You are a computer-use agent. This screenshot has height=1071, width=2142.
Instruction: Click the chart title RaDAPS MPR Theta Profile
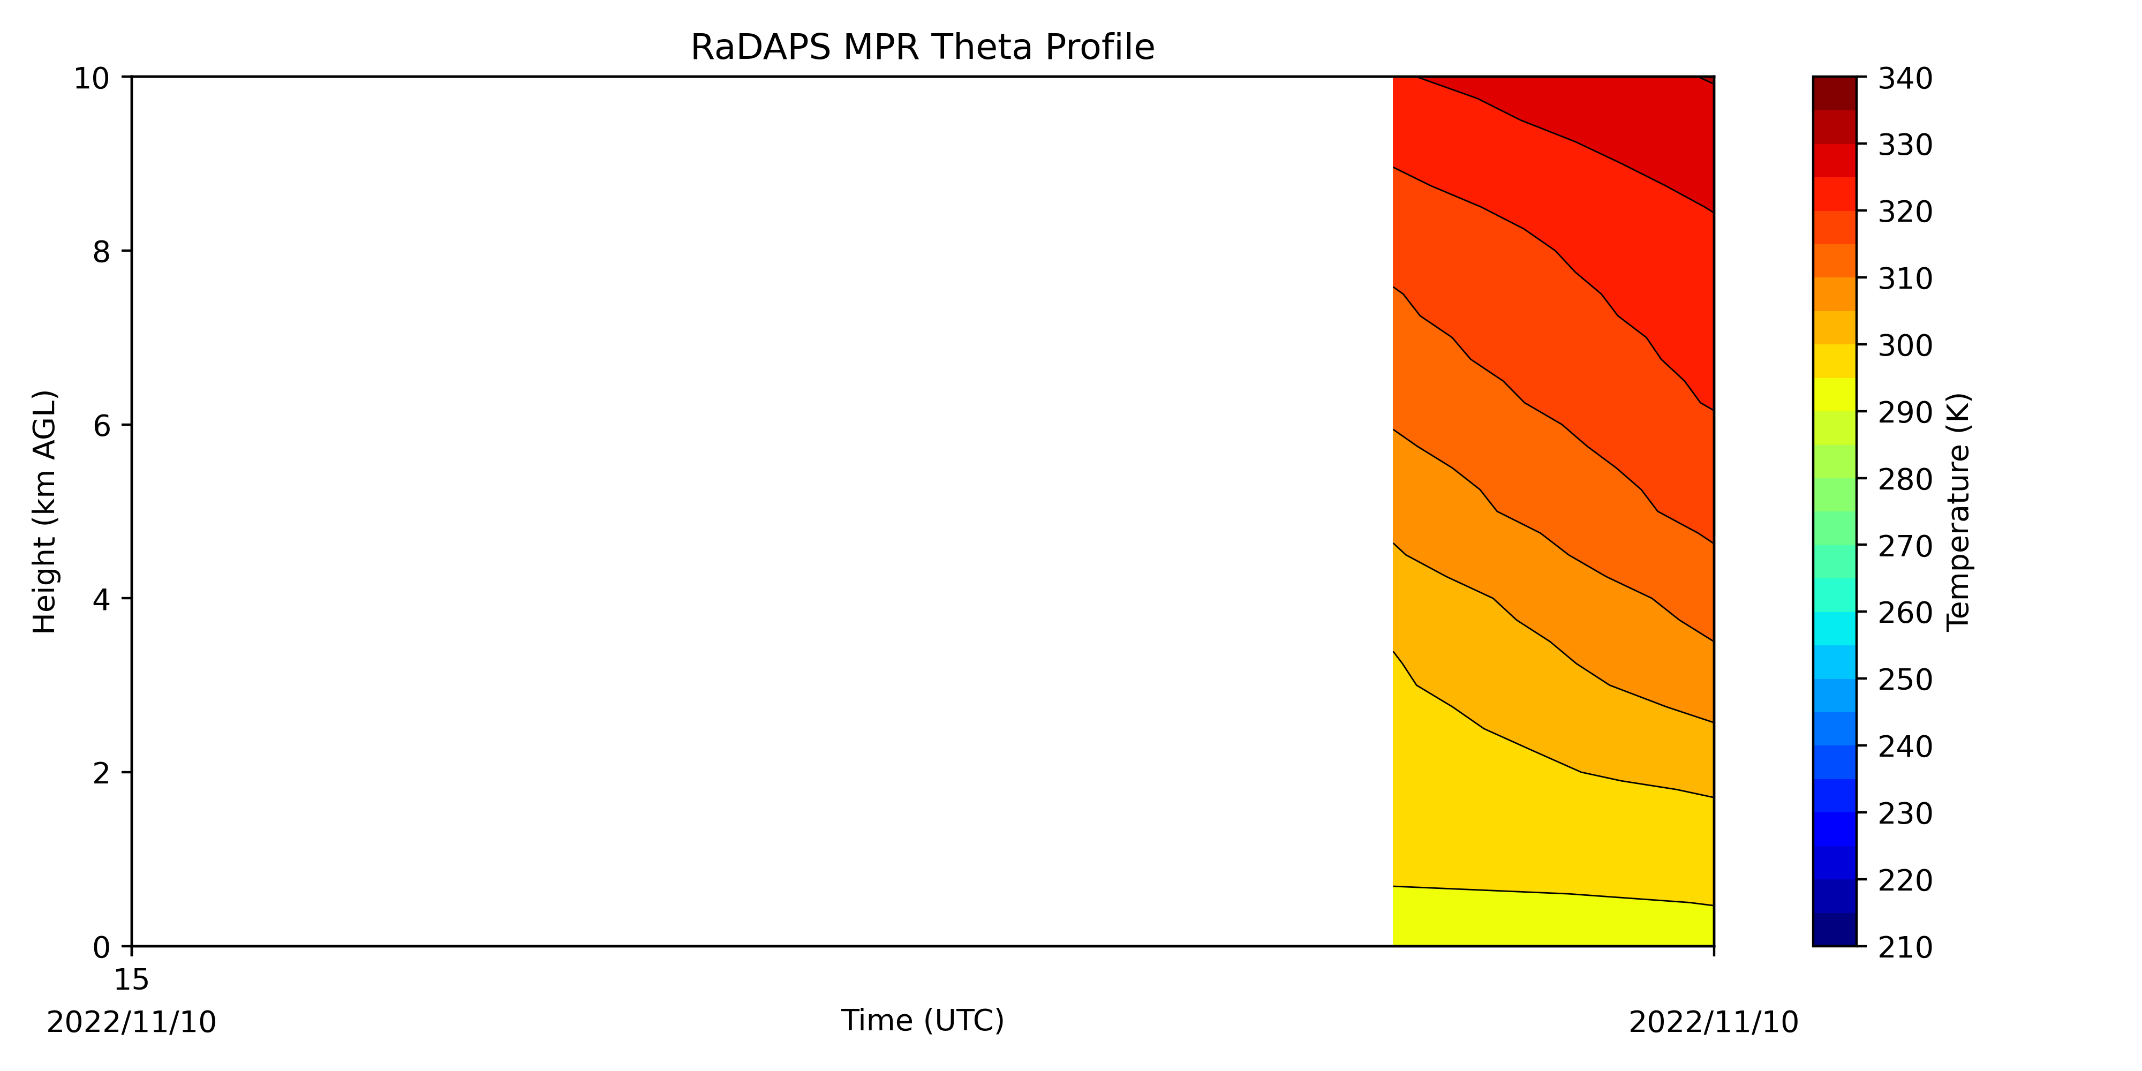[x=922, y=48]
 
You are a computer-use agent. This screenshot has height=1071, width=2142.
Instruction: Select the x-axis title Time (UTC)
[x=922, y=1020]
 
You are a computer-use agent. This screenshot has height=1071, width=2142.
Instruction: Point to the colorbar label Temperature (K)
[x=1958, y=511]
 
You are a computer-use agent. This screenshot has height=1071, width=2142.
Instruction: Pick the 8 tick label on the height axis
[x=101, y=251]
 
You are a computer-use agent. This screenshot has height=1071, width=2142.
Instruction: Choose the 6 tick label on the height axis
[x=101, y=426]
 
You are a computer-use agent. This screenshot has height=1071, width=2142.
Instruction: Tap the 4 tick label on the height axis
[x=101, y=599]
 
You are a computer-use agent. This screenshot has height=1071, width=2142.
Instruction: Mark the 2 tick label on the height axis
[x=101, y=773]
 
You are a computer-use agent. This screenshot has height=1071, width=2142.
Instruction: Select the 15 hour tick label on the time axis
[x=131, y=979]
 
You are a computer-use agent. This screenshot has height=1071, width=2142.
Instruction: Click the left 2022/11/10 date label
[x=131, y=1022]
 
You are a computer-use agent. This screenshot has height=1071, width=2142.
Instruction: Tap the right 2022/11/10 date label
[x=1713, y=1022]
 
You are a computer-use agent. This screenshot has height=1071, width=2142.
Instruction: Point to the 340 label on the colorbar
[x=1905, y=79]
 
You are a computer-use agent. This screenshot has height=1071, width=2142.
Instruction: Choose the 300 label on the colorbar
[x=1905, y=345]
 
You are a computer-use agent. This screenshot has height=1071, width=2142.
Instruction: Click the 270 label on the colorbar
[x=1905, y=546]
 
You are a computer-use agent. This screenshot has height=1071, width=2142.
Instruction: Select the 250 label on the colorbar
[x=1905, y=680]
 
